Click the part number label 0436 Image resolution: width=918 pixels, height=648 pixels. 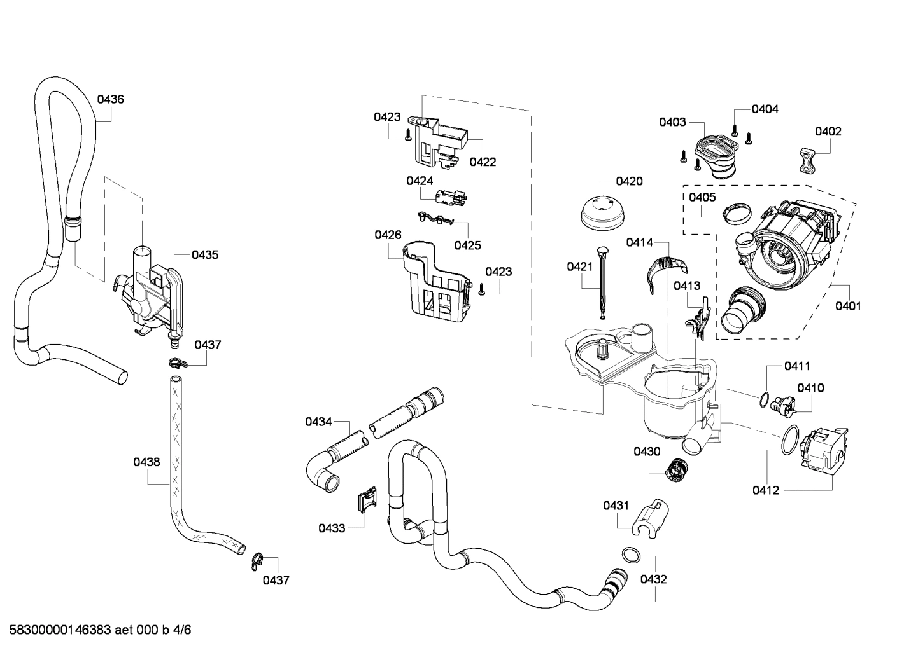coord(110,99)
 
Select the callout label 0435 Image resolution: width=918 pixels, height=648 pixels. coord(205,255)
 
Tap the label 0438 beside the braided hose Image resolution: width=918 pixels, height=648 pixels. coord(146,462)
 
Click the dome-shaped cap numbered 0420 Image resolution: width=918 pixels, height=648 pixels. coord(600,214)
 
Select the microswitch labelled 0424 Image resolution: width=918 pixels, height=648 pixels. coord(449,198)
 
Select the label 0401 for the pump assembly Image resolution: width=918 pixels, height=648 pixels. coord(847,306)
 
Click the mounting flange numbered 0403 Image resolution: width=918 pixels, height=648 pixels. coord(714,153)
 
